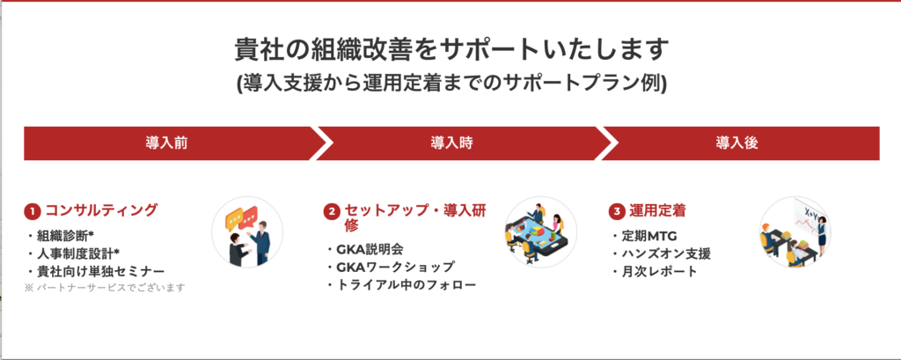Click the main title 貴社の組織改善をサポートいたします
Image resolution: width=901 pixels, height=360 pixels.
pos(451,50)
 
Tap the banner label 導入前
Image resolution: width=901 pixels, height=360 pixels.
pos(166,143)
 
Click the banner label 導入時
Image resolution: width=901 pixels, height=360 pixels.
pos(451,143)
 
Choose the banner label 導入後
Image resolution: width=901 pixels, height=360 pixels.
pos(736,143)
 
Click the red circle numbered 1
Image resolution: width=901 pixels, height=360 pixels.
pos(32,211)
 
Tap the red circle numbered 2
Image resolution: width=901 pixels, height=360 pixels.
pos(332,211)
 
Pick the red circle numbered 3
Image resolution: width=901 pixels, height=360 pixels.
pos(617,211)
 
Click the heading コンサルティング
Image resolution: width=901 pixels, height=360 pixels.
pos(101,210)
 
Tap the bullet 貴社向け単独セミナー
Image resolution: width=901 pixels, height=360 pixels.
pos(95,271)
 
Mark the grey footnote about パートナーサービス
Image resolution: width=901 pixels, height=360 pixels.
pos(106,288)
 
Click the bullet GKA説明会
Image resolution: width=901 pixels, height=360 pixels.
pos(365,250)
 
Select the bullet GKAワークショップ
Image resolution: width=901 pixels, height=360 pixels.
pos(390,267)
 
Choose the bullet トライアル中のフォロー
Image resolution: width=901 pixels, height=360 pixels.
pos(401,284)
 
